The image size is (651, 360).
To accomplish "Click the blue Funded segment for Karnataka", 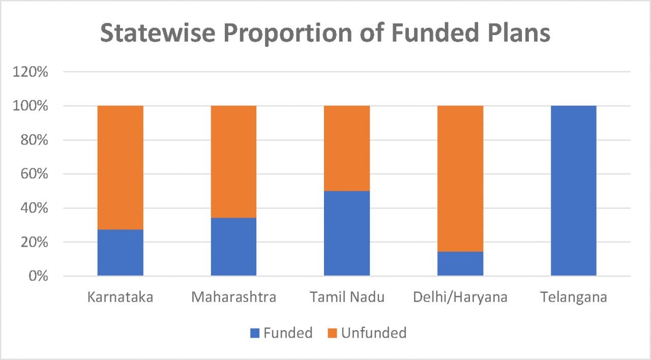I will pos(120,253).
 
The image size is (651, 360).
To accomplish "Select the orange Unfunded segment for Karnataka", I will pos(120,168).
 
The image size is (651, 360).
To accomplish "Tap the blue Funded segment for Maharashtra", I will pos(233,247).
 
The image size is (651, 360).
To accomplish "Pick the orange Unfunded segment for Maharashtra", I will pos(233,162).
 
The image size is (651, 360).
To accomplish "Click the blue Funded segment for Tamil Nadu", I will pos(347,233).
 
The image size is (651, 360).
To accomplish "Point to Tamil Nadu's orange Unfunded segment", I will pos(347,148).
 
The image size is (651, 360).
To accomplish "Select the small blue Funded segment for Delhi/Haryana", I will pos(460,264).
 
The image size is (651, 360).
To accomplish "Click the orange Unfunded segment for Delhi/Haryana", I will pos(460,178).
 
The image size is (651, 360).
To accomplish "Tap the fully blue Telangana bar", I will pos(574,191).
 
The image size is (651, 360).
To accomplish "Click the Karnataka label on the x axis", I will pos(120,297).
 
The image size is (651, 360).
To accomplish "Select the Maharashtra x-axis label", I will pos(233,297).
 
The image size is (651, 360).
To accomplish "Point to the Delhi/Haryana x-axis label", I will pos(460,297).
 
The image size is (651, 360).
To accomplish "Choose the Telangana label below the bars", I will pos(574,297).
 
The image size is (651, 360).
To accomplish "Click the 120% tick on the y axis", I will pos(31,72).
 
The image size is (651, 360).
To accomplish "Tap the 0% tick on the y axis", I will pos(38,277).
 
